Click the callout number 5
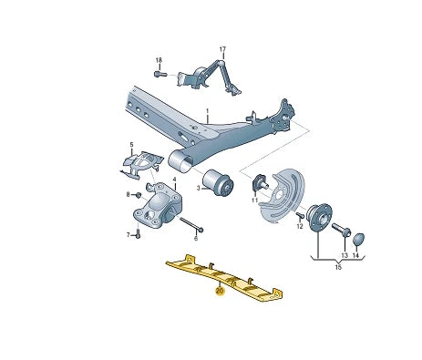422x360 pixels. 131,144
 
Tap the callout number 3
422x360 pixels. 196,189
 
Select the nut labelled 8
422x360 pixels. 138,195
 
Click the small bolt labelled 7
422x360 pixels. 138,234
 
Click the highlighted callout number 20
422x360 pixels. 218,292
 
